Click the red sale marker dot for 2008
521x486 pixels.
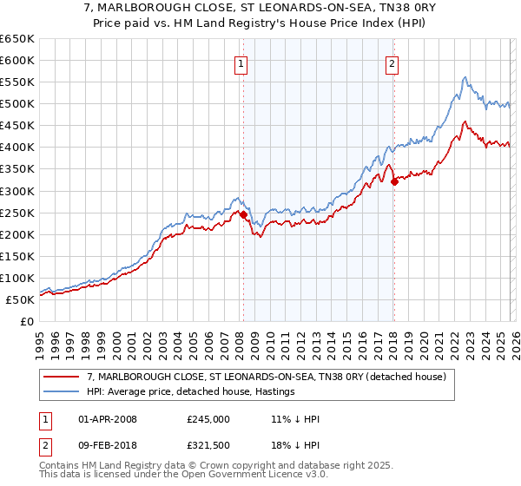tap(243, 214)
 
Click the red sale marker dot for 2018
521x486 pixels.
tap(394, 181)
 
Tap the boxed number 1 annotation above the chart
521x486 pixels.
tap(241, 62)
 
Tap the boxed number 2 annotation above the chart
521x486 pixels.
tap(392, 62)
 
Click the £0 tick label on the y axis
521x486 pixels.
tap(26, 321)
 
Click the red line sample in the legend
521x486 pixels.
tap(63, 377)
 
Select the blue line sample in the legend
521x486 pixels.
tap(63, 391)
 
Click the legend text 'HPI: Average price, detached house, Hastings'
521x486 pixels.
tap(191, 391)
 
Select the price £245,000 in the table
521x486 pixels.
tap(208, 418)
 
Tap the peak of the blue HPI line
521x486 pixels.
tap(465, 77)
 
